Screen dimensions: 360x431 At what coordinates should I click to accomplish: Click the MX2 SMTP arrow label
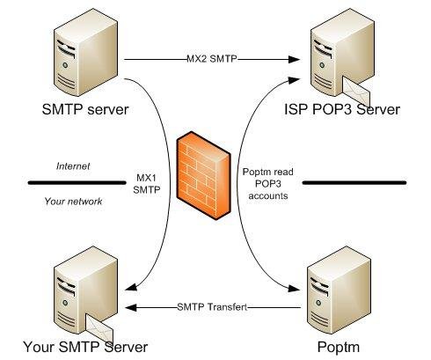click(x=212, y=60)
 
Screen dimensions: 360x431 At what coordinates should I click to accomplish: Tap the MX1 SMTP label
click(x=146, y=182)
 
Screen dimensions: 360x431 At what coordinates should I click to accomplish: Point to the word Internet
click(x=73, y=165)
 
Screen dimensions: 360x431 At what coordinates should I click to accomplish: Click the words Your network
click(x=73, y=202)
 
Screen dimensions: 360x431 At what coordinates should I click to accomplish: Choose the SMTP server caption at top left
click(x=85, y=111)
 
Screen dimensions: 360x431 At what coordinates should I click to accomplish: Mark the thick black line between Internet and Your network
click(x=75, y=183)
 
